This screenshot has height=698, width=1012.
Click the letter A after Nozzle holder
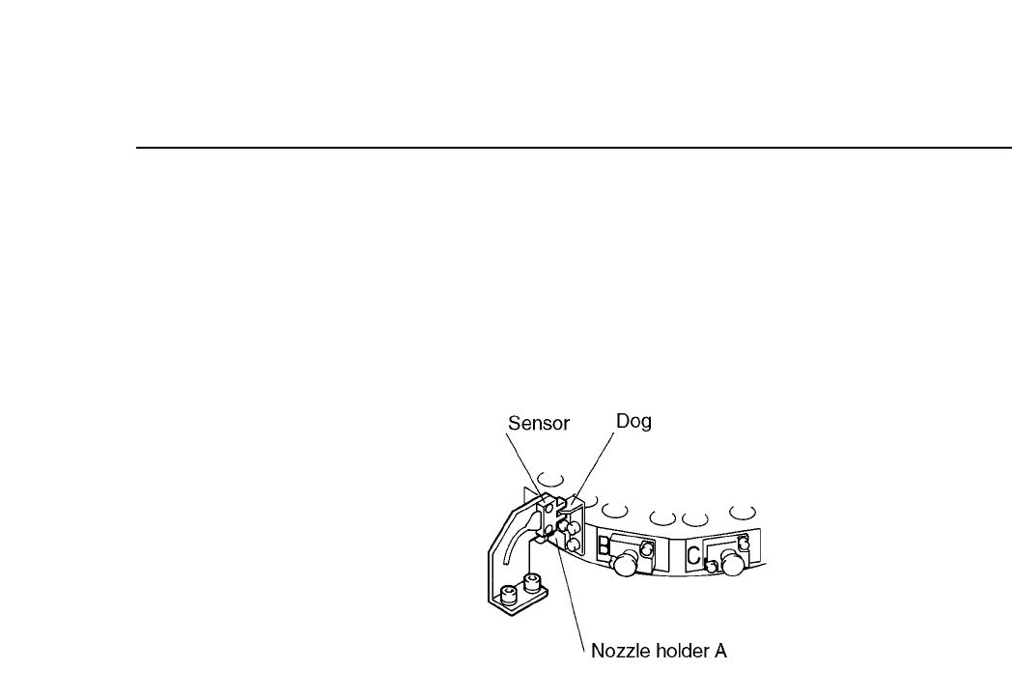[719, 653]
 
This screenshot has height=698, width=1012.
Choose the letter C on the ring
[693, 555]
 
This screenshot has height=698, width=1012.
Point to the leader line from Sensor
[522, 463]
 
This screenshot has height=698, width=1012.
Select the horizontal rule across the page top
[570, 149]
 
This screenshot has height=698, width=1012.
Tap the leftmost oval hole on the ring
[550, 477]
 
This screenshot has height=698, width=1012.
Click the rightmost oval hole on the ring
[743, 509]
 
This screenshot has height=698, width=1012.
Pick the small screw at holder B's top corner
[648, 548]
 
